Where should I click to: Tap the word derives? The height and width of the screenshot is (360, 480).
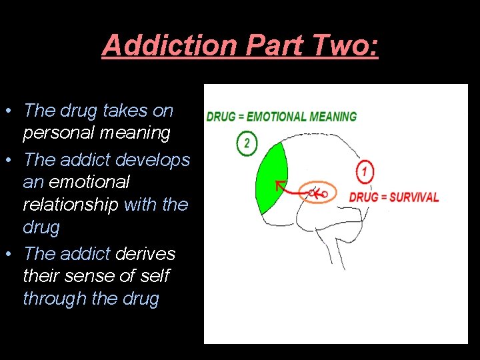point(145,254)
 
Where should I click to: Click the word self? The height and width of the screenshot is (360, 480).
point(155,276)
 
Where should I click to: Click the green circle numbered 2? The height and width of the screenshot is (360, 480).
point(247,143)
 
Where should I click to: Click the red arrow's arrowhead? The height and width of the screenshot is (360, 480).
point(281,184)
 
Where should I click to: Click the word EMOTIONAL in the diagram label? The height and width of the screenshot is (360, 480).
point(273,117)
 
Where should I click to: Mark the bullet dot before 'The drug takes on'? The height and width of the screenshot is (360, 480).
point(11,111)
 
